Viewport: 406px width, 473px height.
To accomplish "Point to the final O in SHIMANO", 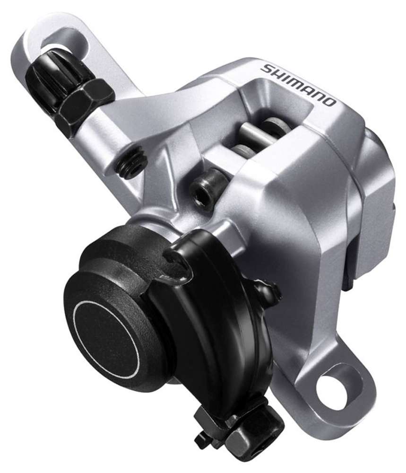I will point(330,101).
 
